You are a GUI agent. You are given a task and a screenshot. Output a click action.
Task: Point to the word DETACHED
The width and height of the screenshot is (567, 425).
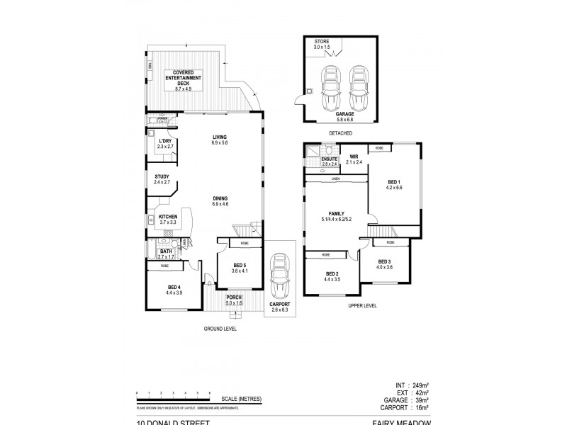pos(340,133)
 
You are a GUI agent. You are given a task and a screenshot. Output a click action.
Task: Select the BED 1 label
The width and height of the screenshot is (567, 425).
pos(393,183)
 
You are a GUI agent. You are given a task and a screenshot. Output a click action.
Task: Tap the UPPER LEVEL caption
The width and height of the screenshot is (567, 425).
pos(362,305)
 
